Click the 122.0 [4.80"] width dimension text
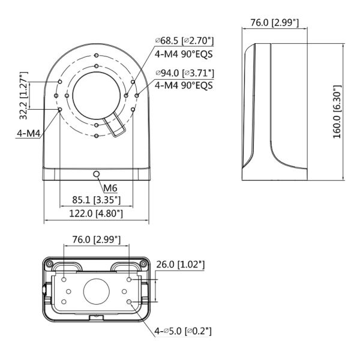pyautogui.click(x=97, y=213)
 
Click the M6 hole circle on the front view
pyautogui.click(x=97, y=173)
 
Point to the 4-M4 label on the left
pyautogui.click(x=28, y=133)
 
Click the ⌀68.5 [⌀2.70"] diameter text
pyautogui.click(x=184, y=40)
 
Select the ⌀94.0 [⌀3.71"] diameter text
pyautogui.click(x=184, y=73)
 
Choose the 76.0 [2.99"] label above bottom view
pyautogui.click(x=96, y=239)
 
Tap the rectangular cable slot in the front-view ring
pyautogui.click(x=114, y=127)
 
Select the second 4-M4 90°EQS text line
pyautogui.click(x=184, y=85)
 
